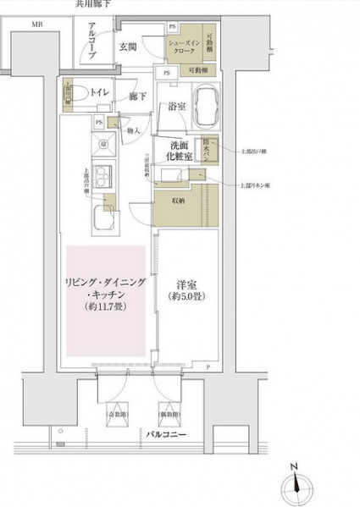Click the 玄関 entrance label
click(127, 47)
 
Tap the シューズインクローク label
click(186, 47)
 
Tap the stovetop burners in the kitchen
click(102, 177)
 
